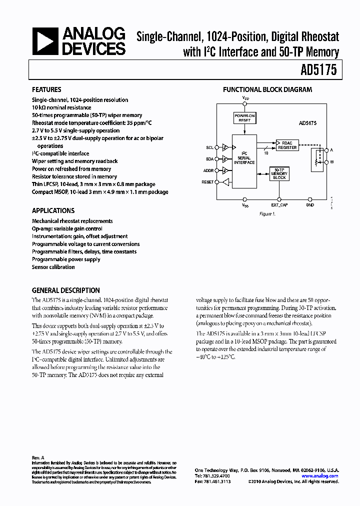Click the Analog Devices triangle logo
coord(44,41)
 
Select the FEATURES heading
coord(46,90)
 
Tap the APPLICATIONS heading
coord(53,211)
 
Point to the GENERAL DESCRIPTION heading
coord(65,290)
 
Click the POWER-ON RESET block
coord(244,117)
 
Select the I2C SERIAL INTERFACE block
coord(244,158)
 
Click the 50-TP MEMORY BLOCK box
coord(280,174)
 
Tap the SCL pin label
coord(209,147)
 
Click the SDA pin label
coord(209,159)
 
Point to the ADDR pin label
coord(208,170)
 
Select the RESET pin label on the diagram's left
coord(207,182)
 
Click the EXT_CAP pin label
coord(279,205)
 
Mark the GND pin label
coord(310,205)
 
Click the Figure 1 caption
coord(267,214)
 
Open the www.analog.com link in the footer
coord(320,476)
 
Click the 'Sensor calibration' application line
coord(53,267)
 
